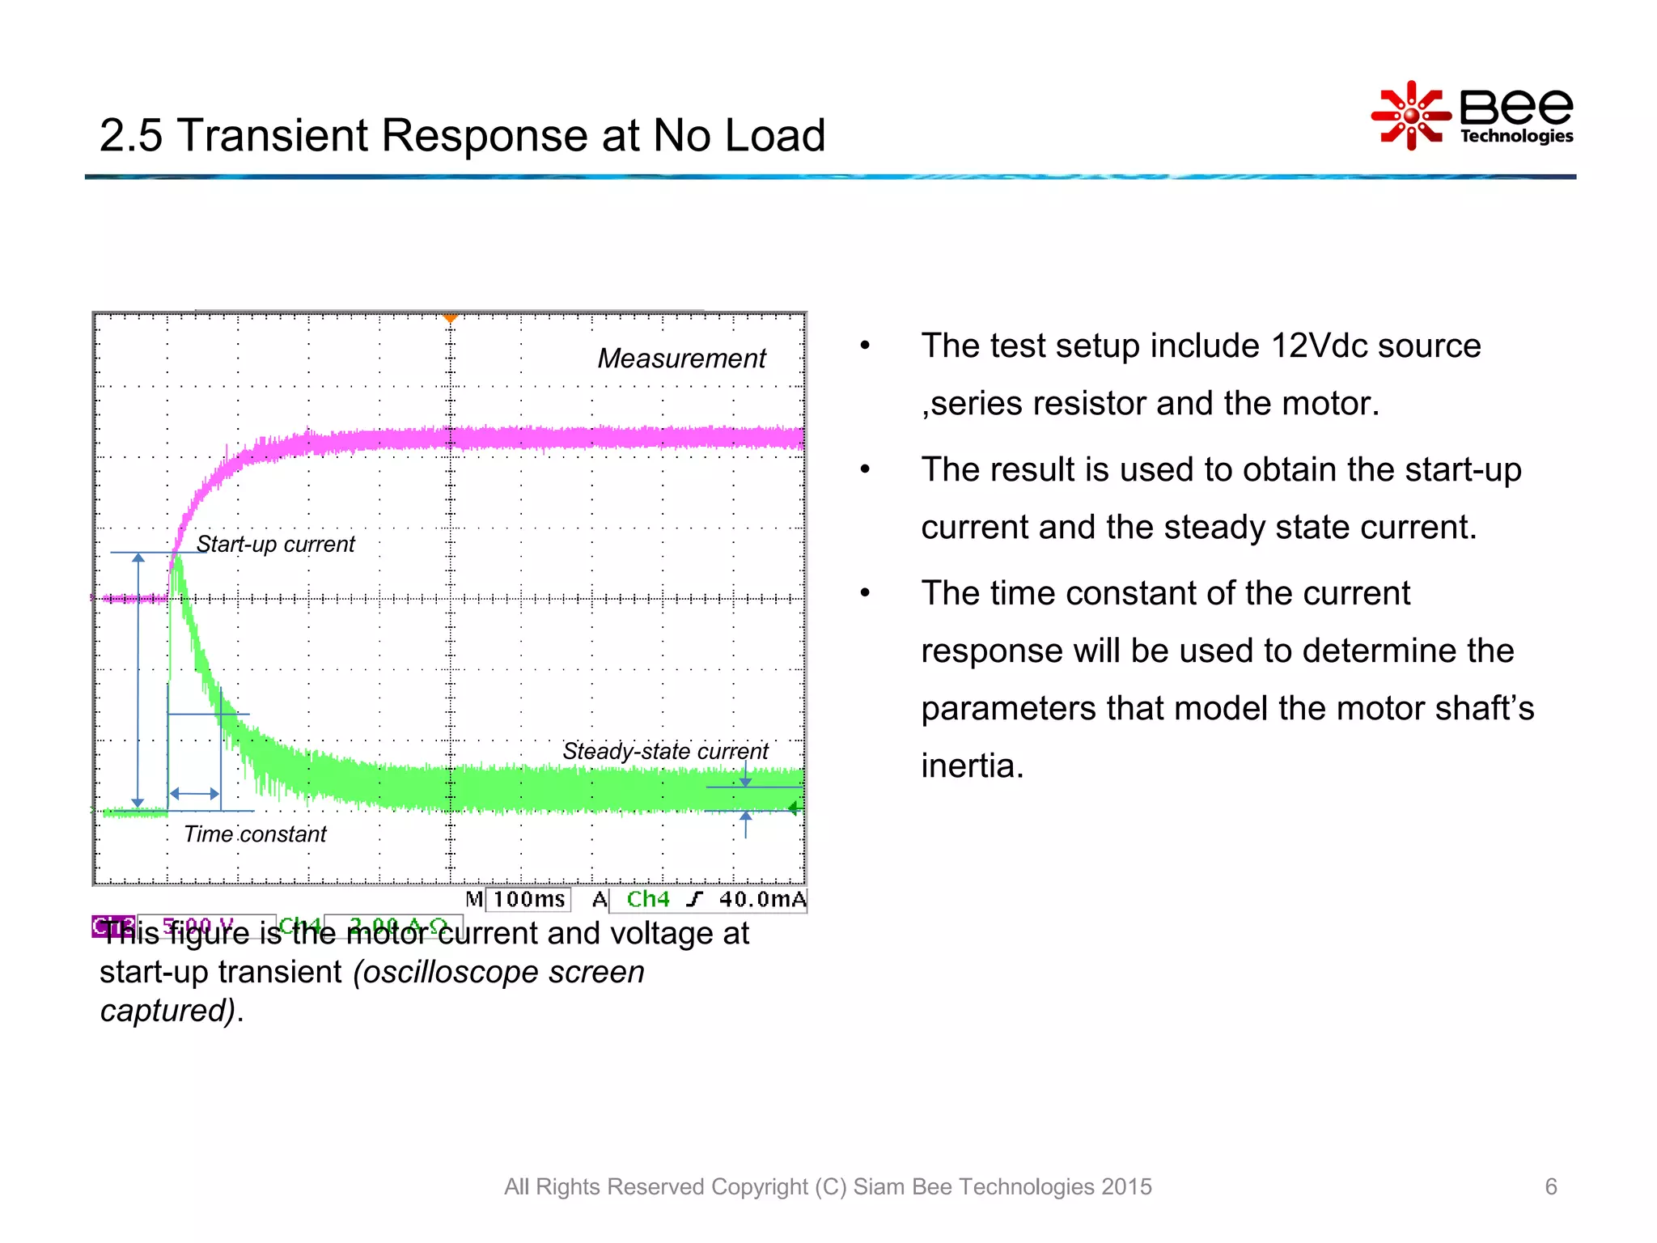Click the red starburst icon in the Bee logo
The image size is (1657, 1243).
point(1410,116)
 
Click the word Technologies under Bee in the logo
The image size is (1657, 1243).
point(1516,136)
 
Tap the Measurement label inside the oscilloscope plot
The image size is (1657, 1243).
point(681,358)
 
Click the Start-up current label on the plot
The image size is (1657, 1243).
point(275,544)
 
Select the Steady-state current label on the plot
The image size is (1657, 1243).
point(664,751)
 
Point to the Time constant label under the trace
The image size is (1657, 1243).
point(255,834)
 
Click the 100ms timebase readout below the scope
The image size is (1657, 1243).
point(529,899)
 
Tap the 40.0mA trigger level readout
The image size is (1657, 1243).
point(762,899)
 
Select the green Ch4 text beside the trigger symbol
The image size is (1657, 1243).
point(648,899)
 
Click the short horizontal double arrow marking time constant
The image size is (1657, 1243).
point(194,794)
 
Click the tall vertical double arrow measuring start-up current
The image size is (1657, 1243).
point(138,680)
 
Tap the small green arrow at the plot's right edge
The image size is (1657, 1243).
point(794,808)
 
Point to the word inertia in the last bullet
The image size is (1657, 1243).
point(972,766)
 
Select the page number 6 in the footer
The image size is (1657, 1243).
point(1550,1186)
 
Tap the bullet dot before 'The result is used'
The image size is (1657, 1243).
point(865,469)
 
